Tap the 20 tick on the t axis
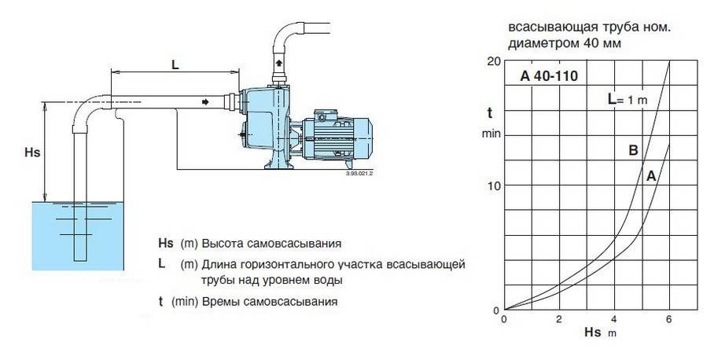tap(494, 61)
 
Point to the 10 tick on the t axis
tap(494, 186)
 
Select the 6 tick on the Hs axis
tap(668, 319)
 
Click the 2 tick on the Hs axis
tap(558, 319)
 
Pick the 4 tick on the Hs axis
tap(613, 319)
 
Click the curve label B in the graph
tap(633, 151)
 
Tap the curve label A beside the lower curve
tap(651, 177)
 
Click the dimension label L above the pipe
tap(175, 66)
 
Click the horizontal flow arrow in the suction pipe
tap(206, 102)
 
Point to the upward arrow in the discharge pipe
tap(279, 62)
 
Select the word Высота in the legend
tap(225, 243)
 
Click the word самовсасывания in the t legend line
tap(294, 302)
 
